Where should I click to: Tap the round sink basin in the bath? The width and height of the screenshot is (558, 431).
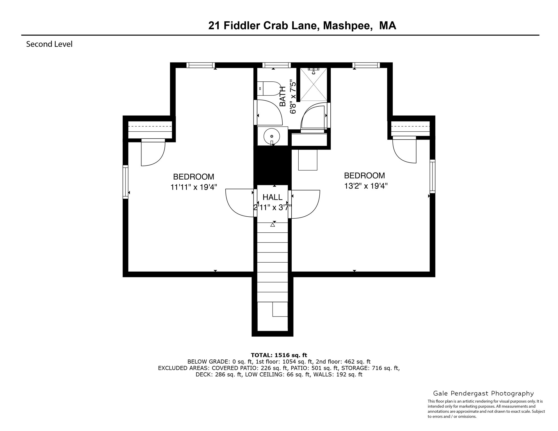[x=271, y=136]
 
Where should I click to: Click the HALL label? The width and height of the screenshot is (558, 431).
[x=272, y=197]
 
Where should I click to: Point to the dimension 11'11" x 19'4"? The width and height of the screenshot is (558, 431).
[x=194, y=187]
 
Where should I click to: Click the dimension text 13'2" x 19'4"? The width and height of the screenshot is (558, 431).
[x=366, y=186]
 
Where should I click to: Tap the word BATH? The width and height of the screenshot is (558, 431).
[x=283, y=96]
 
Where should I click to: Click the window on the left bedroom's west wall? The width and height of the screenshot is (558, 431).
[x=125, y=182]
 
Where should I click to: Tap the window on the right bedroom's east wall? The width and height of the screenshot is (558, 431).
[x=432, y=176]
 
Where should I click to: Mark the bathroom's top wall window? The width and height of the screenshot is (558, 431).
[x=276, y=65]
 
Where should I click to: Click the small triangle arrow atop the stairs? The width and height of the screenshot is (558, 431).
[x=273, y=225]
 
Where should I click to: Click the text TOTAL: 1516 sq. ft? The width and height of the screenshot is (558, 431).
[x=279, y=355]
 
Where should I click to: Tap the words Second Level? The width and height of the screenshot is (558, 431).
[x=49, y=44]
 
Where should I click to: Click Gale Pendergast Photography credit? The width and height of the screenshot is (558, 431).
[x=483, y=393]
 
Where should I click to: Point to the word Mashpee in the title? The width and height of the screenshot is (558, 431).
[x=348, y=26]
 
